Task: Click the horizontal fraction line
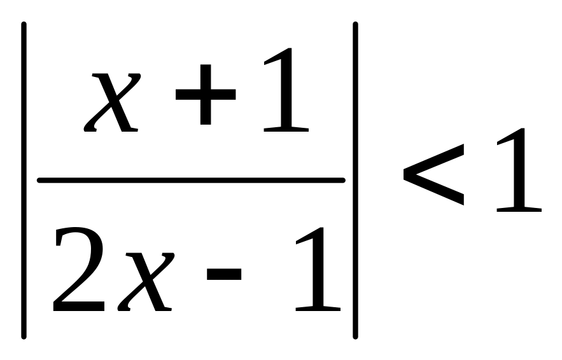click(x=191, y=181)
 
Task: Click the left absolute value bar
click(x=24, y=180)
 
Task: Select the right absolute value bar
click(x=355, y=180)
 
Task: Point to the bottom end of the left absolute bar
click(x=24, y=336)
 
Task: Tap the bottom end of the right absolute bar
click(x=355, y=336)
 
